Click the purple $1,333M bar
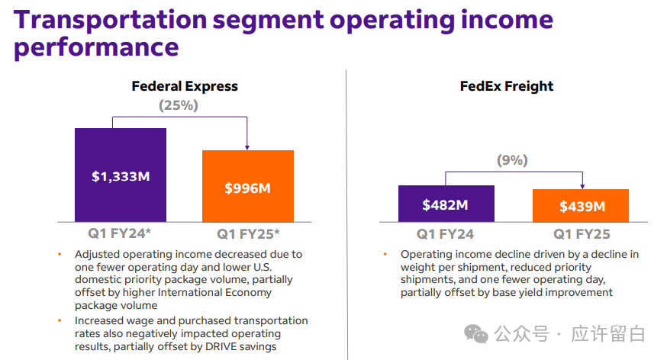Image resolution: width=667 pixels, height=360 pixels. (120, 175)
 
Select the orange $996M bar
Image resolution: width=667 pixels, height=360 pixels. (247, 186)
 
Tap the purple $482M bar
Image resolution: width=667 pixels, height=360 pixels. (446, 204)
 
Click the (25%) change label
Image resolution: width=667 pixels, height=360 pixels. (178, 105)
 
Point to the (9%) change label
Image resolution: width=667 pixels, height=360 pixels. (512, 160)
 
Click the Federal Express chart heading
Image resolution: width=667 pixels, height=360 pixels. (185, 86)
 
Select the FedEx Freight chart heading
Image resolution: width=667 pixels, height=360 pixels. (507, 86)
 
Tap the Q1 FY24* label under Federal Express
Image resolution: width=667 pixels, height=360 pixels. (120, 233)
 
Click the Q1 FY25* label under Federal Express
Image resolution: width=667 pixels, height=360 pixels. (248, 233)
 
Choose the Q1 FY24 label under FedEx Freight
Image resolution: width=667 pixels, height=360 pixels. (445, 234)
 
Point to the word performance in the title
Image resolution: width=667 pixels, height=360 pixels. (96, 48)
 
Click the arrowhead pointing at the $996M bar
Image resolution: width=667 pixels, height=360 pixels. (247, 146)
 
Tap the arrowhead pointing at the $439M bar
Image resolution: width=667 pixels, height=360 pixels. (582, 185)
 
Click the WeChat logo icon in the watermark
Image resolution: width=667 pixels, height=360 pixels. (477, 334)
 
